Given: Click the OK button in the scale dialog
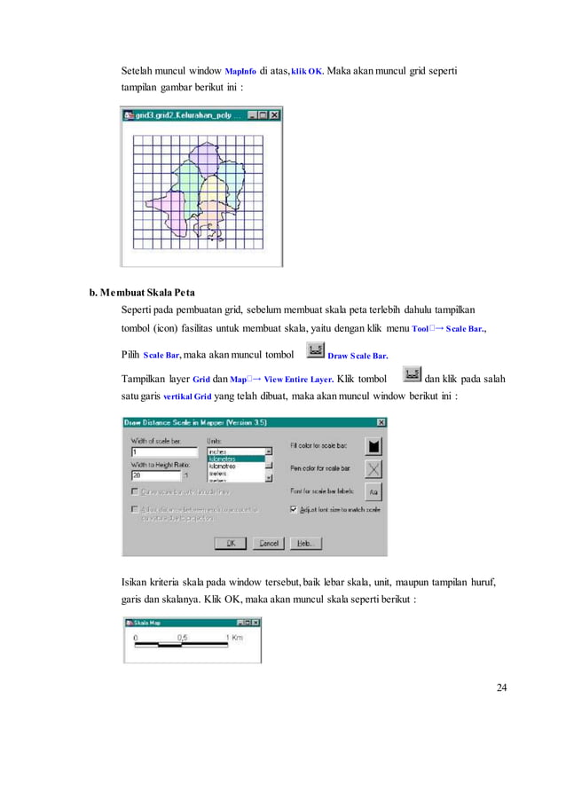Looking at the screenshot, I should (x=230, y=543).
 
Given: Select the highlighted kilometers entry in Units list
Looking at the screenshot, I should (x=234, y=459).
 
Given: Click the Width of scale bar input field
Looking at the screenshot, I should (x=164, y=451).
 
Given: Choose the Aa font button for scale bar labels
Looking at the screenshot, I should (x=373, y=490).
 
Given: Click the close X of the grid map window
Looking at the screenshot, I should (x=275, y=114).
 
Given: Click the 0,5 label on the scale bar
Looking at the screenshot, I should (x=181, y=638).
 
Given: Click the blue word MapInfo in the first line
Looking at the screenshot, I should (x=241, y=71).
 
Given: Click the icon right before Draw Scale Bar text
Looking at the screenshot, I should (x=314, y=350).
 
